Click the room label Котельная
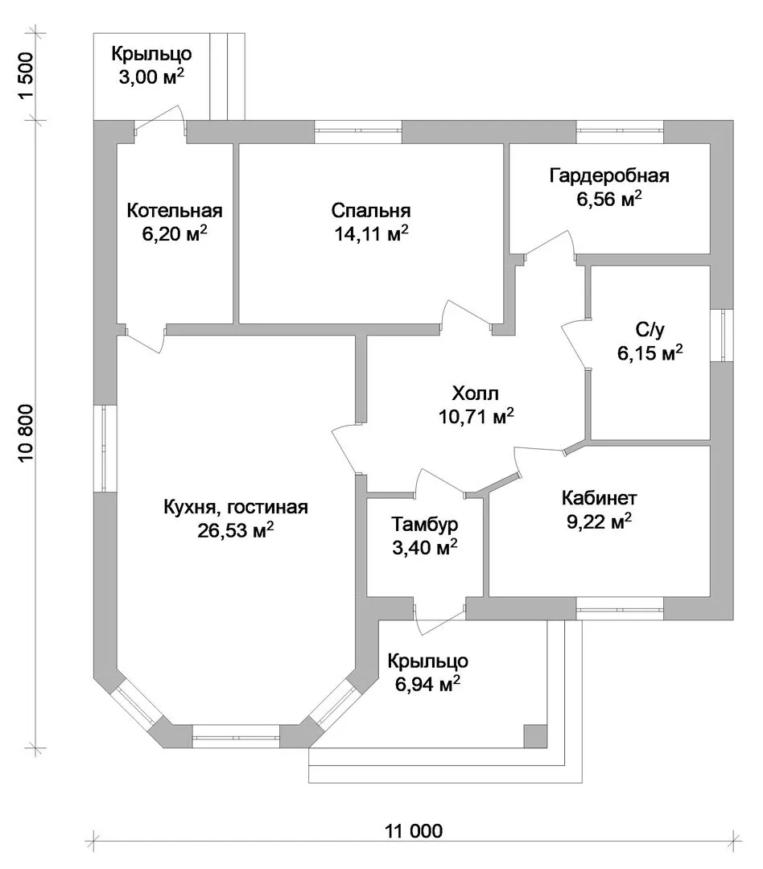tap(175, 211)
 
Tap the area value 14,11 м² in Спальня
tap(370, 234)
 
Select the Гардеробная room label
tap(609, 175)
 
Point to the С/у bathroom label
tap(650, 329)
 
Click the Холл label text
tap(476, 393)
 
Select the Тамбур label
tap(425, 525)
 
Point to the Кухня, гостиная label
tap(236, 507)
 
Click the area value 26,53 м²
tap(236, 530)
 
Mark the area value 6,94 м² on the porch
tap(427, 685)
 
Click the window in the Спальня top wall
tap(357, 131)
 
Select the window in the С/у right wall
tap(722, 334)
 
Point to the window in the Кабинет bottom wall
tap(621, 609)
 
